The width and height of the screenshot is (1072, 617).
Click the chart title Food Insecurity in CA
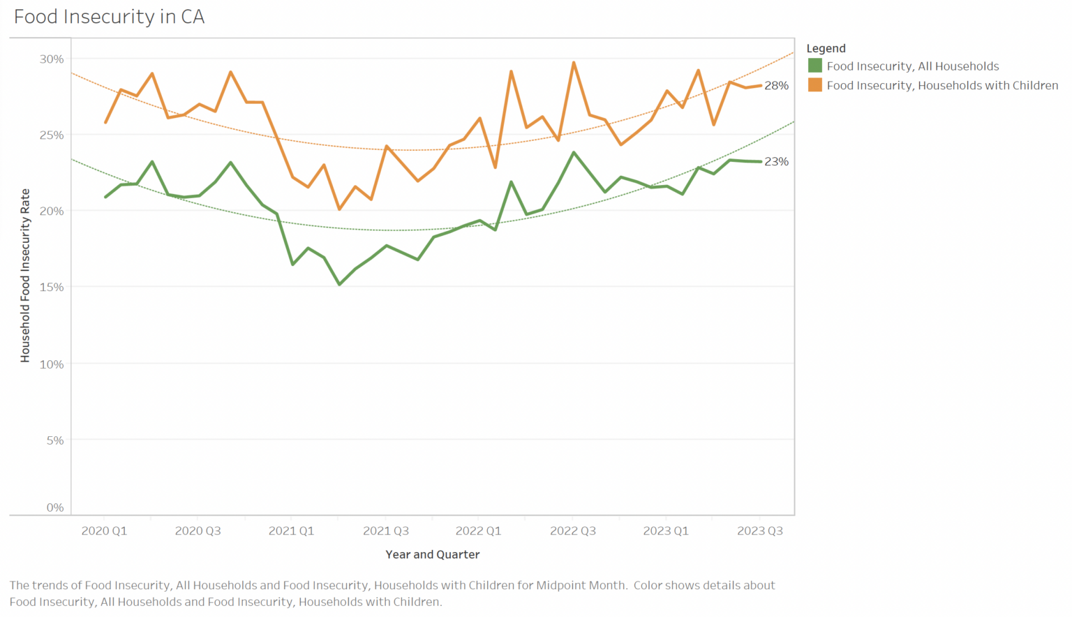[109, 17]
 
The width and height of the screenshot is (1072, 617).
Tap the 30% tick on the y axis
[52, 59]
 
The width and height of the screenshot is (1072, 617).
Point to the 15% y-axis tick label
[52, 287]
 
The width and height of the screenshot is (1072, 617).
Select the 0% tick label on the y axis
[55, 507]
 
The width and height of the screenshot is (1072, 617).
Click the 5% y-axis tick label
[55, 440]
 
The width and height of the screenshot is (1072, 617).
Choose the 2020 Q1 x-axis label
[104, 531]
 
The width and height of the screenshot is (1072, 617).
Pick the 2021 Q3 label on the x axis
[386, 531]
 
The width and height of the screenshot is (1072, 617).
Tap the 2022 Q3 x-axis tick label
[573, 531]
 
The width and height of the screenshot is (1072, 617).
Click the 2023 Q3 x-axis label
[760, 531]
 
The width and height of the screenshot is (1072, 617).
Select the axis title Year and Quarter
[433, 555]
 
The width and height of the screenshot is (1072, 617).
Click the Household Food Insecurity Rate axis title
[25, 276]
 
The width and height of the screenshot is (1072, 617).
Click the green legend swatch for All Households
[814, 66]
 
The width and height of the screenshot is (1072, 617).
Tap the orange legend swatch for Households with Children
[814, 85]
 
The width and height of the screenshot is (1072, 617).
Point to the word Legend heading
[826, 48]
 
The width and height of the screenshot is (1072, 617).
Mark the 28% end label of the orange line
[776, 86]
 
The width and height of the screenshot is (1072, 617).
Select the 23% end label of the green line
[776, 161]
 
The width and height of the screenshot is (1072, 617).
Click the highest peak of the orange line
[574, 63]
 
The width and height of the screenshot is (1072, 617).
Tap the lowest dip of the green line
[339, 284]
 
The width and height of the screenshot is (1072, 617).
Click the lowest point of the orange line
[339, 209]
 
